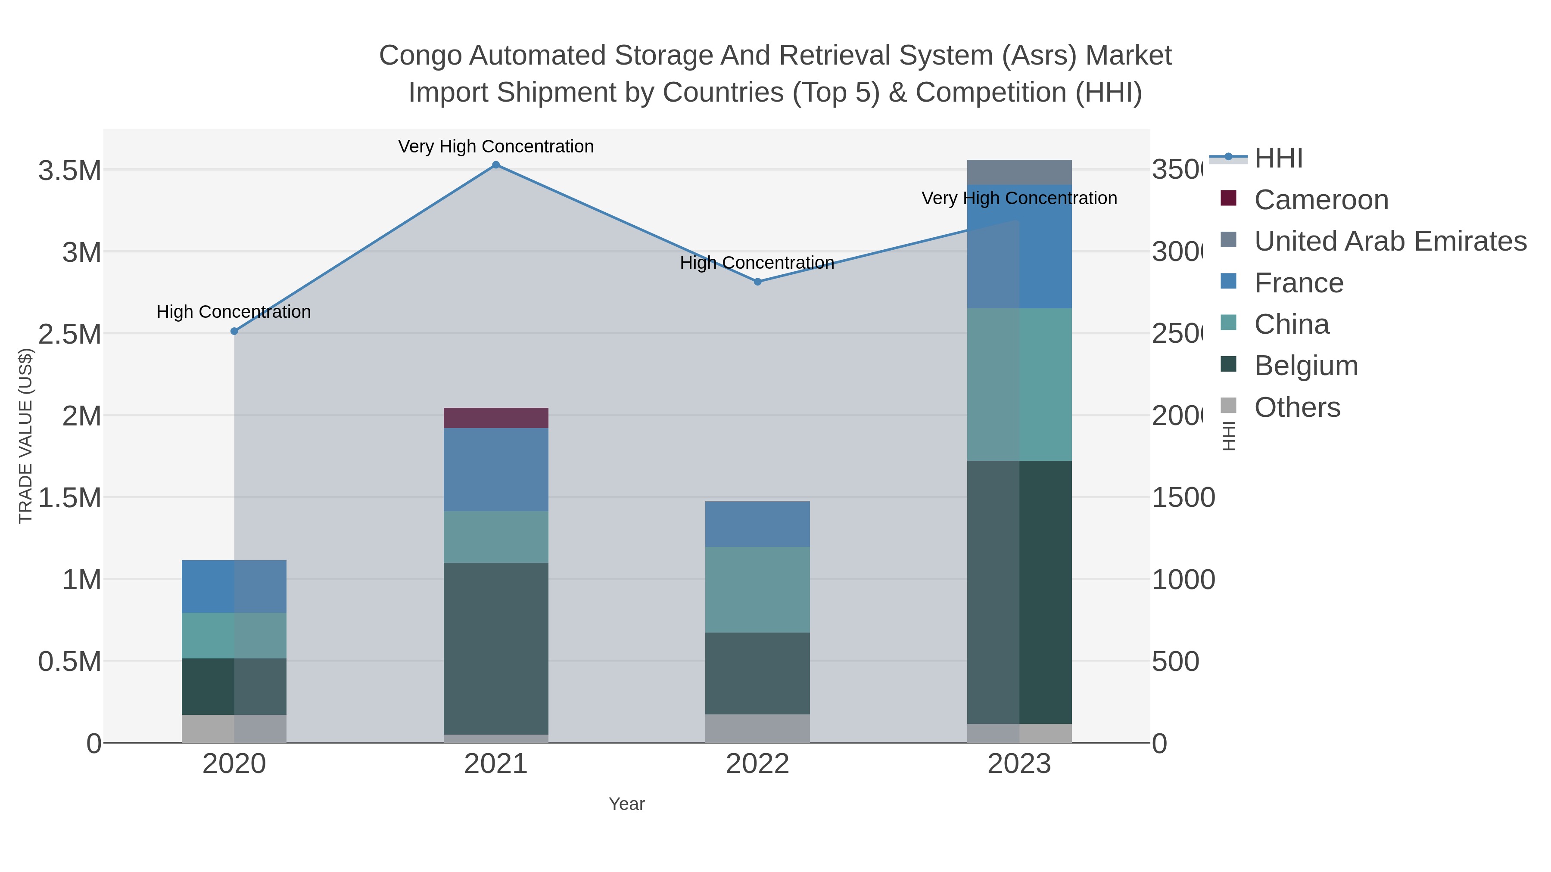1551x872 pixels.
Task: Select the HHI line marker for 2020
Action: tap(234, 331)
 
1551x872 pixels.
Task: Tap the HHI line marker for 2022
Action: tap(757, 282)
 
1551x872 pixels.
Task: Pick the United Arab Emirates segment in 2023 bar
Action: tap(1019, 172)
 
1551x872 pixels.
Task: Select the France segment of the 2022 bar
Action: tap(757, 524)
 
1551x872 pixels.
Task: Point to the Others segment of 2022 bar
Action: tap(757, 728)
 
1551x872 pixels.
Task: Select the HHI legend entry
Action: tap(1278, 158)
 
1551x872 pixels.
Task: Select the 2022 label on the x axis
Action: tap(757, 764)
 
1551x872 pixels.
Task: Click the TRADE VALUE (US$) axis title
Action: tap(25, 436)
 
